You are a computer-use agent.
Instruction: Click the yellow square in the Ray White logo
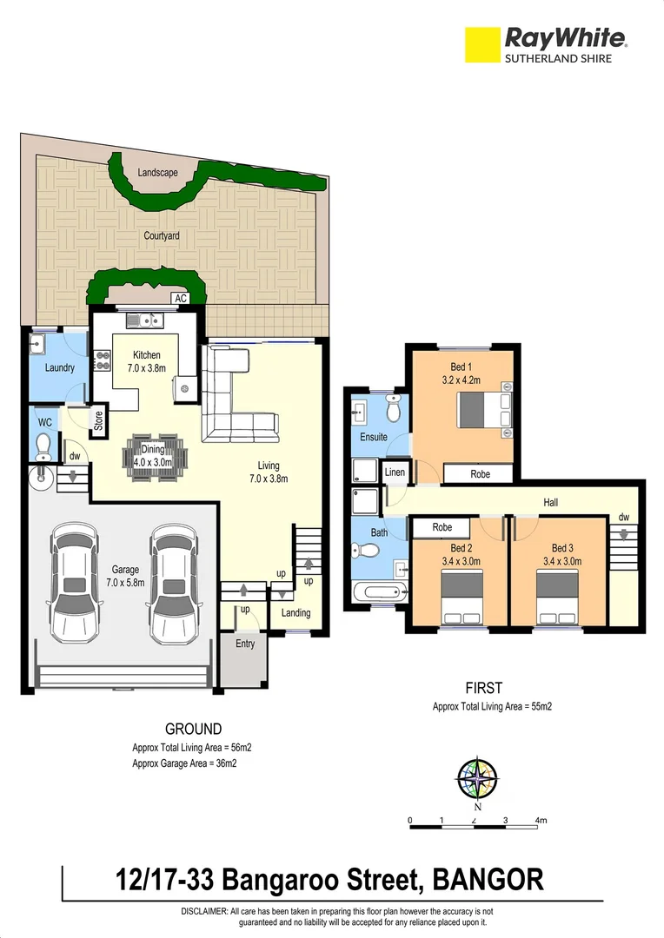[483, 45]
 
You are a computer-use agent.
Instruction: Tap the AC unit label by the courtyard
[181, 299]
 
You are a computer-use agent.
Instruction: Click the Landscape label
[157, 173]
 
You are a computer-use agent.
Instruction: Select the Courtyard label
[162, 235]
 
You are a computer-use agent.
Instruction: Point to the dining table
[157, 454]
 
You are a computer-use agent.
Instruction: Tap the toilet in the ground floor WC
[42, 446]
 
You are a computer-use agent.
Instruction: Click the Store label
[98, 419]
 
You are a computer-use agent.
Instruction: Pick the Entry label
[245, 644]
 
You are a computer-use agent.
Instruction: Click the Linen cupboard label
[395, 472]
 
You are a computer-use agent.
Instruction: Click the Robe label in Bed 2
[442, 526]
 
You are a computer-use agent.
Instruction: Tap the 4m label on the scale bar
[541, 819]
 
